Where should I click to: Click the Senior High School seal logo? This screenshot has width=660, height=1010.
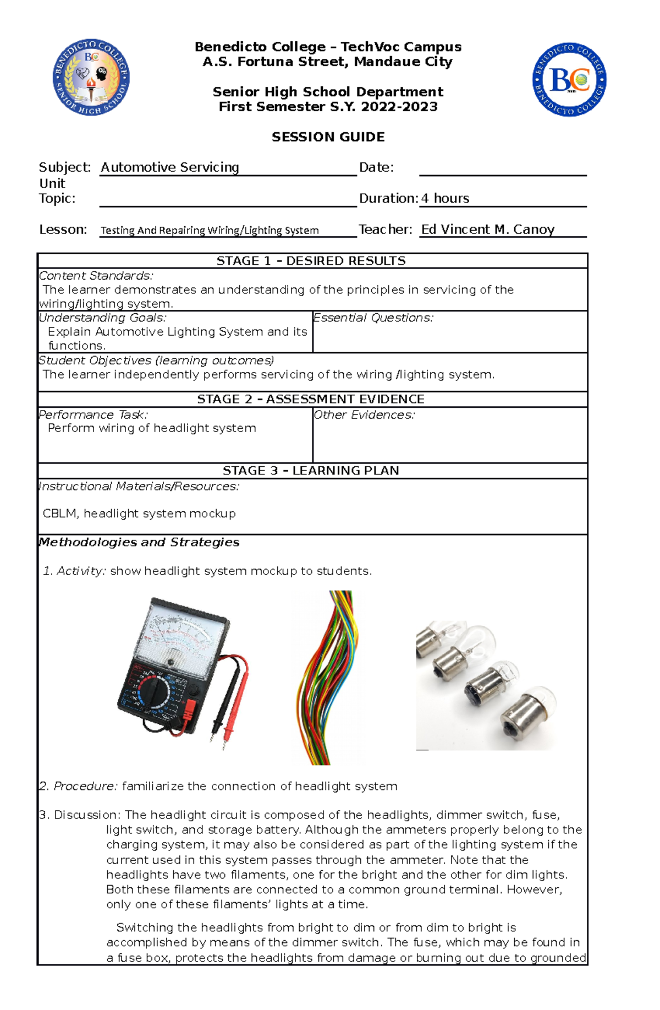(91, 78)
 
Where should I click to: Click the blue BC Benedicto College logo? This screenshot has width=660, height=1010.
(569, 80)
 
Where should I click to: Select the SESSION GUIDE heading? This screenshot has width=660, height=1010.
(328, 137)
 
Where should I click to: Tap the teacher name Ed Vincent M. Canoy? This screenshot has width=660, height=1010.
(487, 230)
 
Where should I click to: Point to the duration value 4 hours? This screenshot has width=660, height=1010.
(445, 199)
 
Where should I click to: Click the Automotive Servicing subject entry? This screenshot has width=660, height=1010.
(169, 167)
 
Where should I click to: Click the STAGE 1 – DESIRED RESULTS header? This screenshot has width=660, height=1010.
(311, 261)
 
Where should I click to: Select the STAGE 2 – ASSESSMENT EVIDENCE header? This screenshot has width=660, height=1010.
(311, 399)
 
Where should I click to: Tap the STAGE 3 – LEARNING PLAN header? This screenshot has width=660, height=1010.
(311, 471)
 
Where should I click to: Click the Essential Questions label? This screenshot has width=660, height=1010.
(373, 318)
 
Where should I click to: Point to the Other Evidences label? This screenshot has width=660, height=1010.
(364, 415)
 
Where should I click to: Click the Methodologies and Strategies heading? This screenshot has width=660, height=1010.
(139, 542)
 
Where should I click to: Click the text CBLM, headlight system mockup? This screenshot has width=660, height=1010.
(139, 514)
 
